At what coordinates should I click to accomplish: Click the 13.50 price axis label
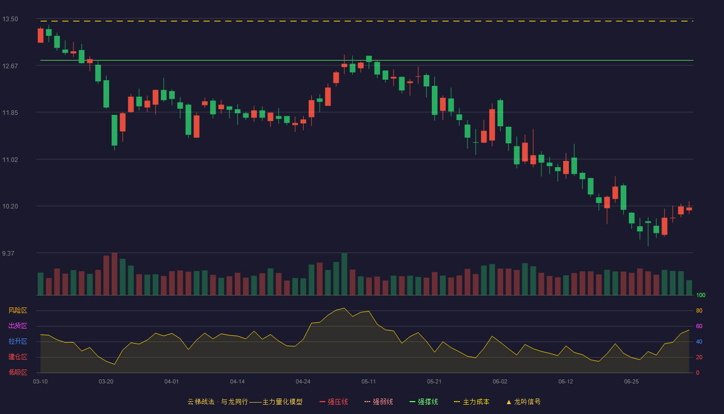10,19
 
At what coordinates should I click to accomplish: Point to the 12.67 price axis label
10,66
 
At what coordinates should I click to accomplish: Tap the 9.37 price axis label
8,253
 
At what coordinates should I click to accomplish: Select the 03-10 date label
40,382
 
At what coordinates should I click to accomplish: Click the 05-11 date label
368,382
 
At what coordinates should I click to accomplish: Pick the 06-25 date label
631,382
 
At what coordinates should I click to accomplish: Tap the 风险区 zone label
18,310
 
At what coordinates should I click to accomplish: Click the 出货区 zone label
18,326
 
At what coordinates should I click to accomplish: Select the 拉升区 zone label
18,341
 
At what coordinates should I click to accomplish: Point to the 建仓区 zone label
18,357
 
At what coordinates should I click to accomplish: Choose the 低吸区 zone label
18,372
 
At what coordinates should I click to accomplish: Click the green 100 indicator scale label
701,295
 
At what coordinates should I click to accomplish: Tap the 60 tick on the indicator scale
699,326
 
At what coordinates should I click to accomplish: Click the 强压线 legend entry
334,402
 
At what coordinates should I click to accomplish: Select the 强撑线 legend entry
424,402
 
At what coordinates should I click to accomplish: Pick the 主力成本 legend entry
472,402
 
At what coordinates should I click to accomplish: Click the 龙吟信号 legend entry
523,402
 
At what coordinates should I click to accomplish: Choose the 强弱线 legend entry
379,402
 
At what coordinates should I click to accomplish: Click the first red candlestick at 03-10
40,35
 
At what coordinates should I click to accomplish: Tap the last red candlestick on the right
689,209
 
